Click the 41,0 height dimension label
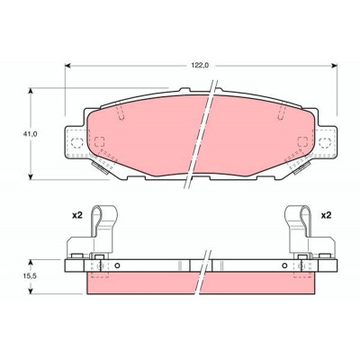coord(30,134)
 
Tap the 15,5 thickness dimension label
coord(30,276)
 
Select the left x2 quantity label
coord(77,215)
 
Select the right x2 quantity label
coord(326,215)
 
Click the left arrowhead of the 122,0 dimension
coord(68,66)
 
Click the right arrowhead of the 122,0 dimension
coord(334,66)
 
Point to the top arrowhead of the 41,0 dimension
coord(30,91)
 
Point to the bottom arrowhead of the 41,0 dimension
coord(30,176)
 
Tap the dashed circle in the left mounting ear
coord(77,143)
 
